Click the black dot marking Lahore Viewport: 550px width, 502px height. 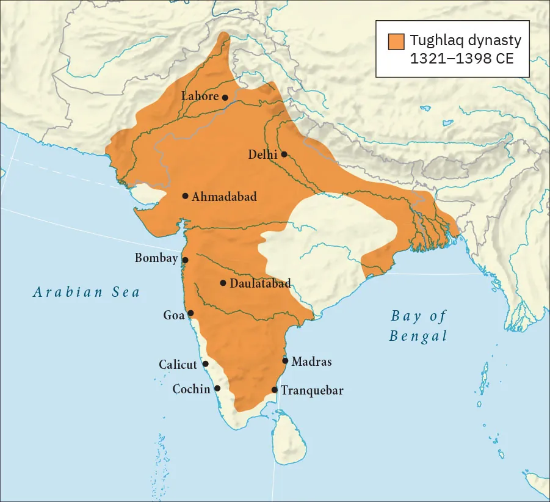point(225,97)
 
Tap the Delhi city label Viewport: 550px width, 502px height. point(262,155)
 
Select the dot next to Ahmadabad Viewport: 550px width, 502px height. point(185,196)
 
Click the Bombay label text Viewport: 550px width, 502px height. point(156,258)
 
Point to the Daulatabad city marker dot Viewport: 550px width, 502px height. point(223,283)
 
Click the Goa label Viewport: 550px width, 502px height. point(174,315)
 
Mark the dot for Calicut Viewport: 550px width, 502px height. point(205,364)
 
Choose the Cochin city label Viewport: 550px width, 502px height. point(191,389)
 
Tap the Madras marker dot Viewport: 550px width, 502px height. point(285,361)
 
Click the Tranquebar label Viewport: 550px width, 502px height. point(312,390)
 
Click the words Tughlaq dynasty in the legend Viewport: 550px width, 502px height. point(465,41)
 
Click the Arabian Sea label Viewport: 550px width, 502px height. point(87,292)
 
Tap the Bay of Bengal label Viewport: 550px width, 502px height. point(418,326)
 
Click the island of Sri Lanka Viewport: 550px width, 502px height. point(289,437)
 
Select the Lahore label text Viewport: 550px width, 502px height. point(200,96)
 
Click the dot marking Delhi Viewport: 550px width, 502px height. point(284,154)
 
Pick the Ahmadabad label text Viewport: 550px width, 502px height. point(224,197)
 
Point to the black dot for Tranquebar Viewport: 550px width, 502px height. point(275,390)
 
